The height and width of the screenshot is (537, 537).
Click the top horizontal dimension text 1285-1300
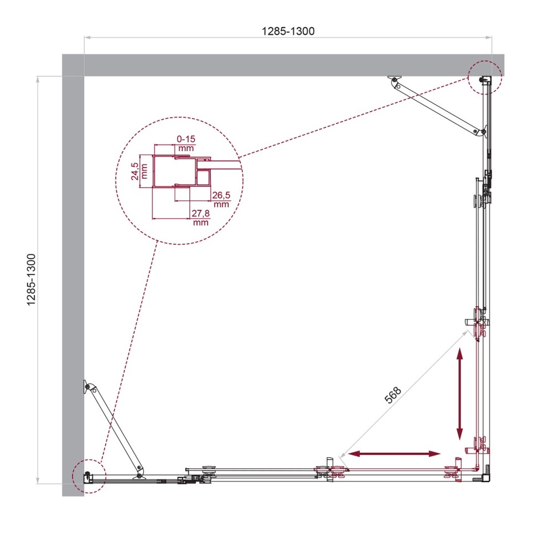coord(288,31)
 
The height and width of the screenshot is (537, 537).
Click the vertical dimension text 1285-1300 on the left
coord(32,280)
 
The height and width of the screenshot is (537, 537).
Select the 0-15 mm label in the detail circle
coord(186,144)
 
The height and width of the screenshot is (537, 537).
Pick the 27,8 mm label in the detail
coord(200,218)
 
